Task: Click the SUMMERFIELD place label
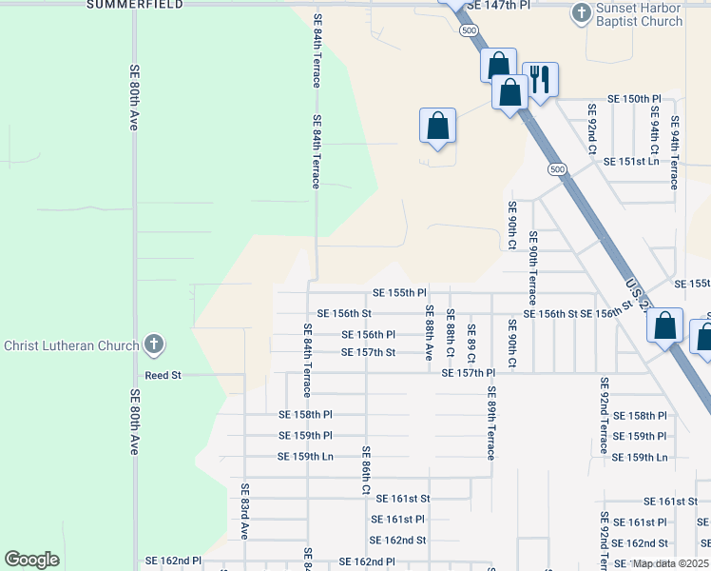tap(136, 5)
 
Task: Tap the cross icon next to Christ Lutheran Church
tap(154, 345)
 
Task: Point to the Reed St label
tap(163, 376)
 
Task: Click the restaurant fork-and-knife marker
tap(540, 79)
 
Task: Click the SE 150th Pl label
tap(634, 99)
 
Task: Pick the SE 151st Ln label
tap(631, 162)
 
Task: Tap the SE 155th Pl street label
tap(400, 293)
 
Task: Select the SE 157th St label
tap(369, 353)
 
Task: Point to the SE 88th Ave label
tap(430, 333)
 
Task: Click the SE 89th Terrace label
tap(491, 423)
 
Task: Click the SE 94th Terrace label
tap(675, 152)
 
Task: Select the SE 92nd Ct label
tap(590, 129)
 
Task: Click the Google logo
tap(32, 560)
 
